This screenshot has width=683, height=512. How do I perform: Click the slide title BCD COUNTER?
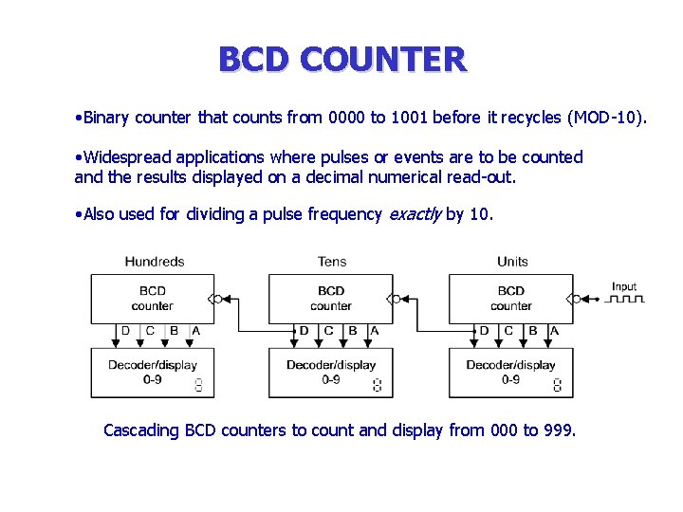[341, 59]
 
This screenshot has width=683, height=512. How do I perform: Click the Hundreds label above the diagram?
[154, 262]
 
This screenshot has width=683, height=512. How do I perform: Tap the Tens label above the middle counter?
[331, 262]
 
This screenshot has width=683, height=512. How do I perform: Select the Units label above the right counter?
[512, 262]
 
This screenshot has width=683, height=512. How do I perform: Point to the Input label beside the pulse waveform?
[624, 286]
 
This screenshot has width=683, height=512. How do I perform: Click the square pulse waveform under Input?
[625, 300]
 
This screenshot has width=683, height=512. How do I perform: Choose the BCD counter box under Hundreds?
[152, 298]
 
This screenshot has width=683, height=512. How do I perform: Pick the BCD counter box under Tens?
[330, 298]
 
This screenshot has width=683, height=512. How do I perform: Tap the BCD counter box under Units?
[510, 298]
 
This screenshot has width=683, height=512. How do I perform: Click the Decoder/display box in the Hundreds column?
[152, 373]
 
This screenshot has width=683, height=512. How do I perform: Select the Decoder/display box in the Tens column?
[330, 373]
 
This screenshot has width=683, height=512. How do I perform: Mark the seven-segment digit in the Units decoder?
[557, 385]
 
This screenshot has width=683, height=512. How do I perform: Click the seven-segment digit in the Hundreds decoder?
[198, 385]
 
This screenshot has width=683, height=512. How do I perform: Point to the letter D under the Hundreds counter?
[126, 331]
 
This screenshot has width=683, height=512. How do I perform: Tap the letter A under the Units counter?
[555, 331]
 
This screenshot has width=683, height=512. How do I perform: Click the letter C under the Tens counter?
[328, 331]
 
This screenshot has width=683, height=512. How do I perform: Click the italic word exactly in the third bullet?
[415, 214]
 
